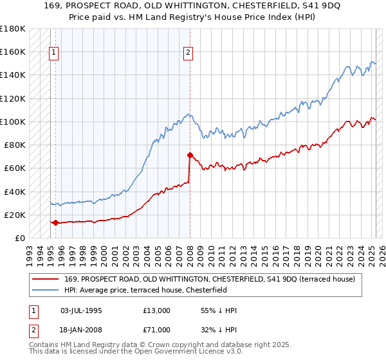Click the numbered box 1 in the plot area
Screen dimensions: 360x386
coord(53,53)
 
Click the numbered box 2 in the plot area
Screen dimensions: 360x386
coord(188,53)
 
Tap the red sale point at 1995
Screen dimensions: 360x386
coord(55,223)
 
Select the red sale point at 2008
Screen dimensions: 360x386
coord(190,155)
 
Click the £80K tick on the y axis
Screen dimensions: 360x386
coord(15,145)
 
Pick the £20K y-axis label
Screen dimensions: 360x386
coord(15,215)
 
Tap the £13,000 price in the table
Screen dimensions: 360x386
coord(157,310)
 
